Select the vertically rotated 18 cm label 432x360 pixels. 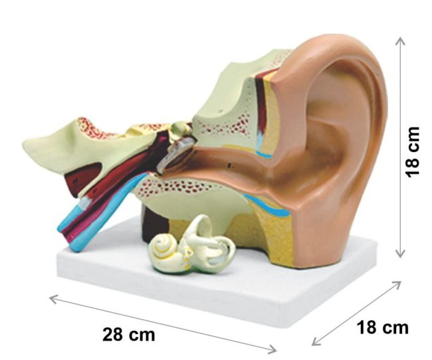413,151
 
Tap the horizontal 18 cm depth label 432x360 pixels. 383,327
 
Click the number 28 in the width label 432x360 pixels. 113,333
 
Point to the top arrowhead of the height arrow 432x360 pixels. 399,40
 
